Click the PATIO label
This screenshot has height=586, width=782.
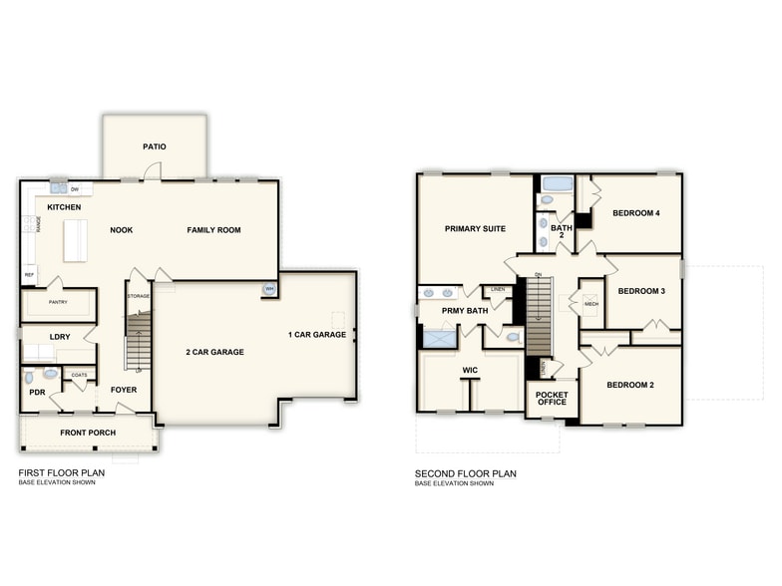154,146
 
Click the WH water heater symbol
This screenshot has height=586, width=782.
268,289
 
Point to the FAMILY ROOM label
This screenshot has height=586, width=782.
213,230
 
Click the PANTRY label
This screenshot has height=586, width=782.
58,302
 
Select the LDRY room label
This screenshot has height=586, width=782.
60,337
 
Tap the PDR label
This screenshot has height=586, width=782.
37,393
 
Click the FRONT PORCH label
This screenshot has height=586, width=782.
88,433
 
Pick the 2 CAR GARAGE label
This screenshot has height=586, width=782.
214,352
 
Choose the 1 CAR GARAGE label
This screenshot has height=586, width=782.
317,335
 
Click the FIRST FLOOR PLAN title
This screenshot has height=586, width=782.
62,473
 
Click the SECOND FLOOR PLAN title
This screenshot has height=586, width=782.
466,473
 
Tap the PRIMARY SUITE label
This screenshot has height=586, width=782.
475,228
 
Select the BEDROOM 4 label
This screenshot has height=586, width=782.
635,213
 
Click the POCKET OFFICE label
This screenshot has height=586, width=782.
552,398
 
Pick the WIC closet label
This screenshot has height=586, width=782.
471,370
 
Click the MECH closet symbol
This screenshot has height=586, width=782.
590,303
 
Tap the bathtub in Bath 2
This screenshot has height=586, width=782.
557,183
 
